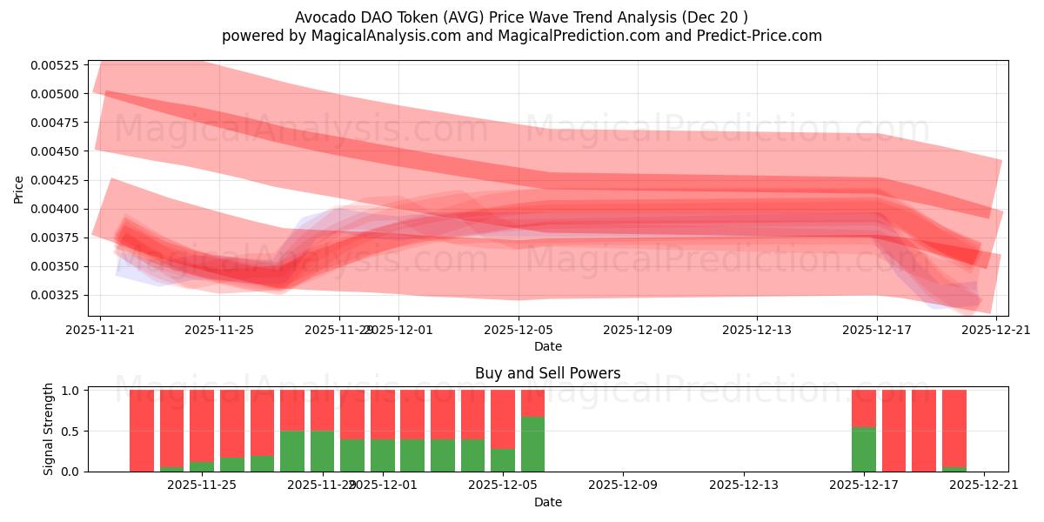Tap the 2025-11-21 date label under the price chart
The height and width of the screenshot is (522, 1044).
[x=100, y=331]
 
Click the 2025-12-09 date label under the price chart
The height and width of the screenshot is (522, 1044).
[x=638, y=331]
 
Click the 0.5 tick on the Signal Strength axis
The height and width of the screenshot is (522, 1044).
[x=73, y=432]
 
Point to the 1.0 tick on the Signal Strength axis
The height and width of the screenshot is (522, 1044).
[x=73, y=391]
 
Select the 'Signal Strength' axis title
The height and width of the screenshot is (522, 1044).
[x=49, y=429]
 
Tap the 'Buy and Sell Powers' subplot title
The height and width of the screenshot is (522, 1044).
[x=547, y=373]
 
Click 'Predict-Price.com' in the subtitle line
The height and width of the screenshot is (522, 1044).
[x=753, y=36]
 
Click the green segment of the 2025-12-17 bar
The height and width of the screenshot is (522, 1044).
[x=864, y=449]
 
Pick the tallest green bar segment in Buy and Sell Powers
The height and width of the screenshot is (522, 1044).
[x=532, y=444]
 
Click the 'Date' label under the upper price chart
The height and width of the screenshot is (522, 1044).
[x=547, y=346]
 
